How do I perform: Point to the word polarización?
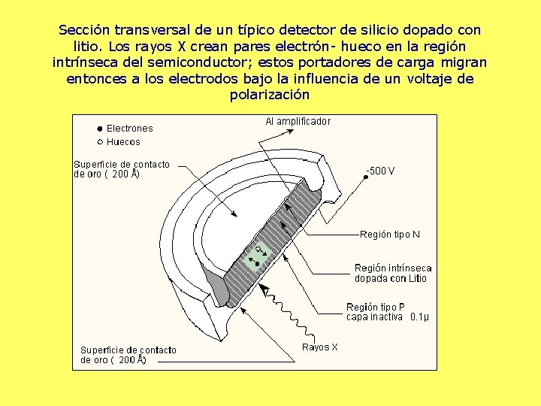pos(270,95)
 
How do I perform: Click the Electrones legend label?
pos(129,129)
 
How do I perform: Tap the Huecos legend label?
pos(123,141)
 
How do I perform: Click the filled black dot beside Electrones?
pos(99,129)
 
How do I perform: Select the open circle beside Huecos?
pos(99,141)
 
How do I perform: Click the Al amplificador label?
pos(298,121)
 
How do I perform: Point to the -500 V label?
pos(380,171)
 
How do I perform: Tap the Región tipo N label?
pos(390,235)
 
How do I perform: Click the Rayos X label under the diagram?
pos(320,347)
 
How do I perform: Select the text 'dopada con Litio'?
pos(391,278)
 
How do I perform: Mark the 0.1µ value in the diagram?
pos(419,317)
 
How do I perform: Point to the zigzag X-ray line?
pos(289,314)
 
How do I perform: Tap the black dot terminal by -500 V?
pos(365,175)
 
